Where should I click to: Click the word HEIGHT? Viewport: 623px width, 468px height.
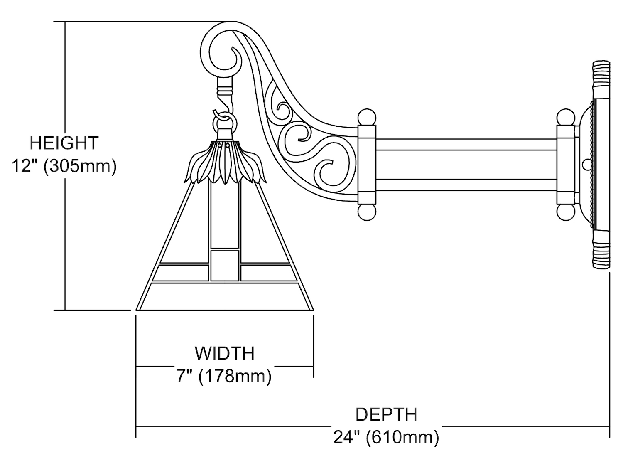pos(64,143)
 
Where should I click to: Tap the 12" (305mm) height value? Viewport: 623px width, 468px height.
pos(64,166)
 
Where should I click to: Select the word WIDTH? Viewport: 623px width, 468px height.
pos(225,353)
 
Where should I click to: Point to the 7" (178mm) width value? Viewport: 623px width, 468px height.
pos(225,376)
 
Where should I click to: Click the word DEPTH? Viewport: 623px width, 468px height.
pos(386,415)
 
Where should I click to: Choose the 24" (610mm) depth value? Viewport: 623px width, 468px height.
pos(386,437)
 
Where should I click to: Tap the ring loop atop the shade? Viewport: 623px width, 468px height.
pos(225,123)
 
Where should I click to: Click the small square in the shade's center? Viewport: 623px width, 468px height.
pos(225,265)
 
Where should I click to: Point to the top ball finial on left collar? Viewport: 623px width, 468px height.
pos(367,117)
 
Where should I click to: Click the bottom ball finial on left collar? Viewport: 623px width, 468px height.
pos(367,212)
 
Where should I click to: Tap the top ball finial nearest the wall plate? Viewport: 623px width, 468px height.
pos(565,117)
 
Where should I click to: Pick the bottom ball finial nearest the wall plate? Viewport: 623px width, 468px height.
pos(565,212)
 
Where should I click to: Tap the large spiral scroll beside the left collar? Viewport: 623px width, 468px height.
pos(332,170)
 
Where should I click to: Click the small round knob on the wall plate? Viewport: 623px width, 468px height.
pos(587,165)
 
